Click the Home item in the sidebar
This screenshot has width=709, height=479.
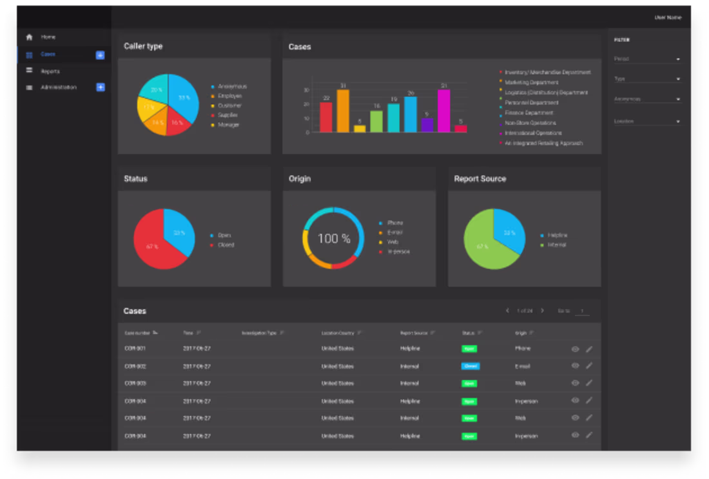tap(48, 37)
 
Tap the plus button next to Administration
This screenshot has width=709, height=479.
tap(101, 87)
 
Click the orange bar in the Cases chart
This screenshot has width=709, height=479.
tap(343, 111)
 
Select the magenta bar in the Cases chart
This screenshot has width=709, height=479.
tap(443, 111)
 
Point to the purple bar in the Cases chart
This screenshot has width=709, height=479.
tap(427, 125)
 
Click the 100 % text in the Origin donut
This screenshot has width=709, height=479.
tap(334, 238)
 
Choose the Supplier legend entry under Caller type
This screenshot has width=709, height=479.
tap(228, 115)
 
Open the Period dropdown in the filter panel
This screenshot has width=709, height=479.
tap(646, 59)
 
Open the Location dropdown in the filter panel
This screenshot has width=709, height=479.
tap(646, 121)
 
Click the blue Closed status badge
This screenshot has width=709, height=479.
tap(470, 366)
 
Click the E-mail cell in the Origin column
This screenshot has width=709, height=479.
tap(522, 366)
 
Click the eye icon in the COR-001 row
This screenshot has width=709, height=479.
tap(576, 348)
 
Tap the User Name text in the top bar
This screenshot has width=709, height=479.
tap(667, 17)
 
